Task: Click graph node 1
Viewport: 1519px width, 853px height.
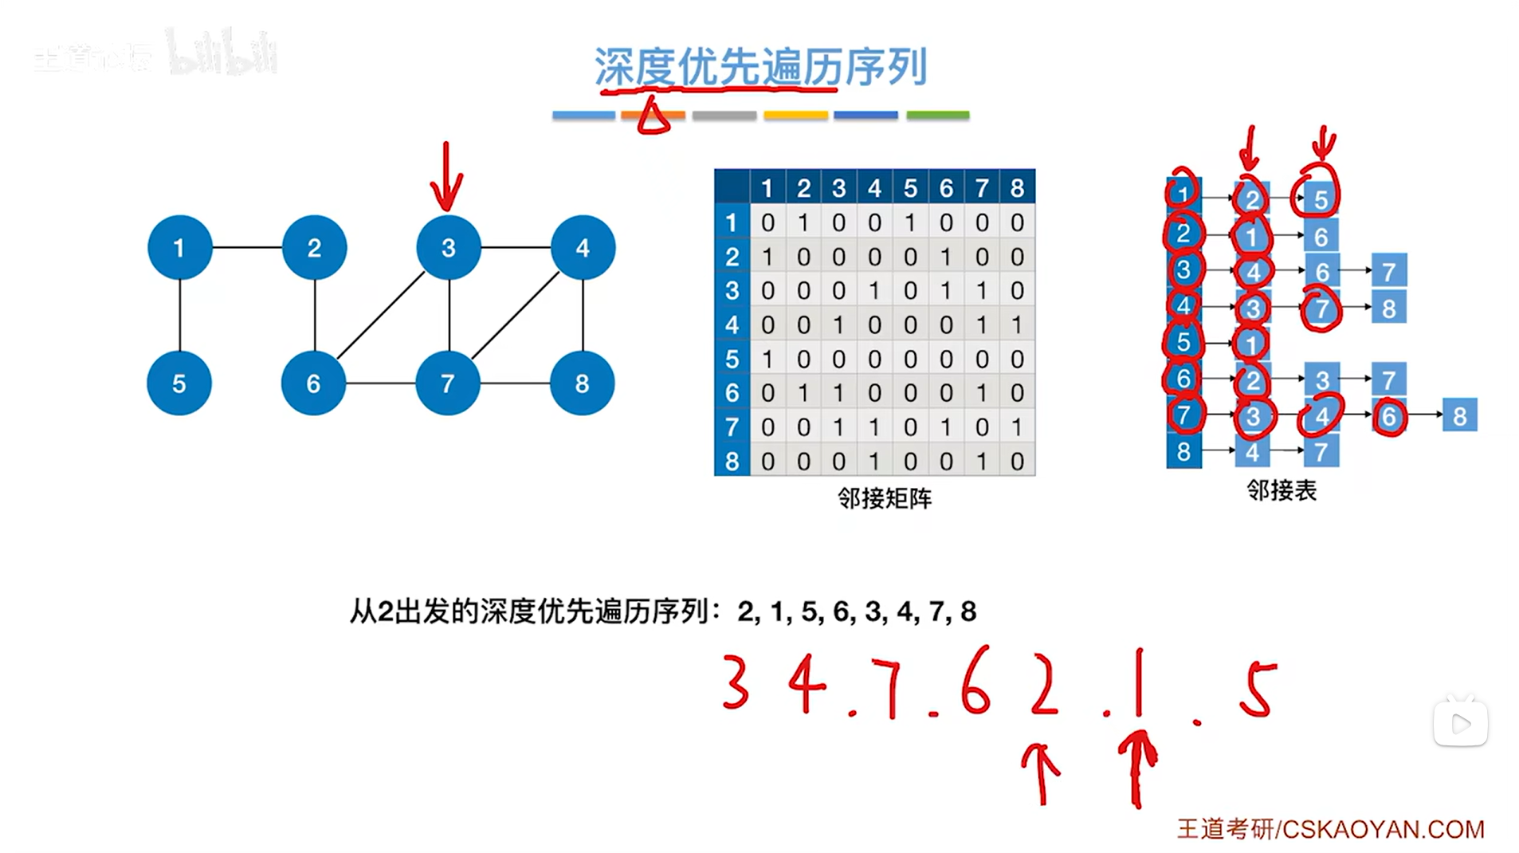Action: [179, 247]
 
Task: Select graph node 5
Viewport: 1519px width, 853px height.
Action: [179, 383]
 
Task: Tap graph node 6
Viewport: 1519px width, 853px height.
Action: [313, 383]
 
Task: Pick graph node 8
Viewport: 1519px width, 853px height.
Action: [582, 383]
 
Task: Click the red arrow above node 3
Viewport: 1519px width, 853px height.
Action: [446, 177]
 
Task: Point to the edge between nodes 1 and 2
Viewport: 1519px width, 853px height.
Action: [247, 247]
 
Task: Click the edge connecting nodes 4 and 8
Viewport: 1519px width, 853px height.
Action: [583, 315]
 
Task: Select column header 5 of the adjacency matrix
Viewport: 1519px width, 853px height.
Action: [910, 188]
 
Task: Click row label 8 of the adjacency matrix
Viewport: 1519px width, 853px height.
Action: [732, 461]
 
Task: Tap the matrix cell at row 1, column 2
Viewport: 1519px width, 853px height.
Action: [803, 222]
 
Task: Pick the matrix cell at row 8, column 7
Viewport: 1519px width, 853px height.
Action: [982, 461]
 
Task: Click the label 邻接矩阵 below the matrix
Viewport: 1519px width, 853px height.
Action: [884, 499]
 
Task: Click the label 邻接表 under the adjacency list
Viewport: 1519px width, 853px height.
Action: [1282, 490]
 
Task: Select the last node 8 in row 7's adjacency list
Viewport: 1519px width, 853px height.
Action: [1459, 415]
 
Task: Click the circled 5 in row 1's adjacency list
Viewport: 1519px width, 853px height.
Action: [1321, 199]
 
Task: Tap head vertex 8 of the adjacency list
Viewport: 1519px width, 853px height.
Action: [1183, 451]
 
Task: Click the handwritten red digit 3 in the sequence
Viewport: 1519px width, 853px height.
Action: [735, 682]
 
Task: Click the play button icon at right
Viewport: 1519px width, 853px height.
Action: [1460, 724]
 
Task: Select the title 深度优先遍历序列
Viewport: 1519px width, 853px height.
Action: [760, 66]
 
